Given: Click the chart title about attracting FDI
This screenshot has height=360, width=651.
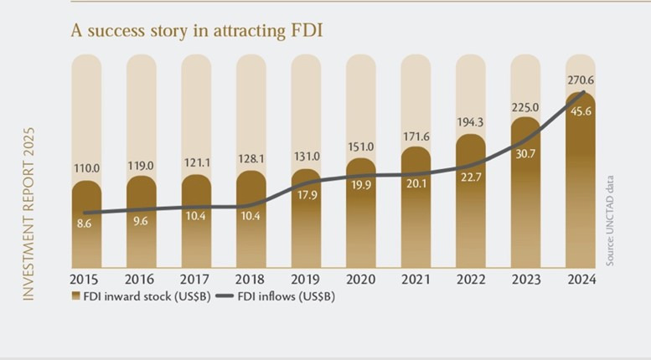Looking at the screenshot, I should point(197,30).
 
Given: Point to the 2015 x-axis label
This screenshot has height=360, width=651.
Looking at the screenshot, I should point(86,280).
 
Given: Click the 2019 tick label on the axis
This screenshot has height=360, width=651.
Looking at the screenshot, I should point(306,280).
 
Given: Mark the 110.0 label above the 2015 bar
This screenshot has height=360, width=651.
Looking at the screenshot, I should point(86,168).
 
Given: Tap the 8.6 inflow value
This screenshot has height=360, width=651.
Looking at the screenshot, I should point(86,225).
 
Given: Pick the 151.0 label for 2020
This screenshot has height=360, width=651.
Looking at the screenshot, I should point(361,147).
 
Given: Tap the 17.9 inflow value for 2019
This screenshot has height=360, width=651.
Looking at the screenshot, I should point(306,198).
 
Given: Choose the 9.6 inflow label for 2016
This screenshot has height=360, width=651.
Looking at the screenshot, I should point(141,223).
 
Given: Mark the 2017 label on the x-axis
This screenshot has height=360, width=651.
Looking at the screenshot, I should point(196,280).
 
